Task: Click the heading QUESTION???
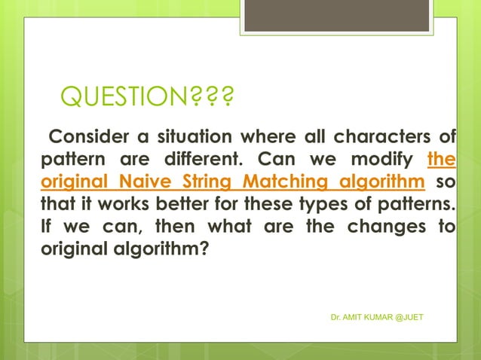coord(146,98)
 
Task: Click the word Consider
coord(84,136)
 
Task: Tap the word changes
coord(391,226)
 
